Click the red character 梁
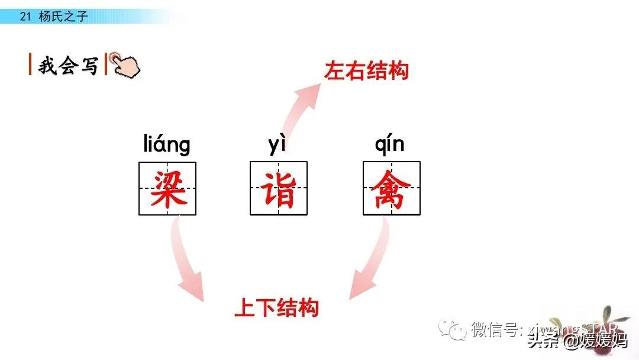tap(167, 188)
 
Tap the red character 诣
tap(279, 188)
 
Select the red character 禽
tap(391, 188)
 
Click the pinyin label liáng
tap(167, 144)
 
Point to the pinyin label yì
tap(277, 144)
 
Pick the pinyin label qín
tap(389, 144)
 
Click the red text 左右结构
tap(366, 72)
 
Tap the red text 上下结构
tap(276, 307)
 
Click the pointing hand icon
tap(125, 65)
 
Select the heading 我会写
tap(68, 66)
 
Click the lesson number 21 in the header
tap(25, 17)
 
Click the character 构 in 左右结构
tap(398, 72)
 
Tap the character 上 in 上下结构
tap(245, 307)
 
